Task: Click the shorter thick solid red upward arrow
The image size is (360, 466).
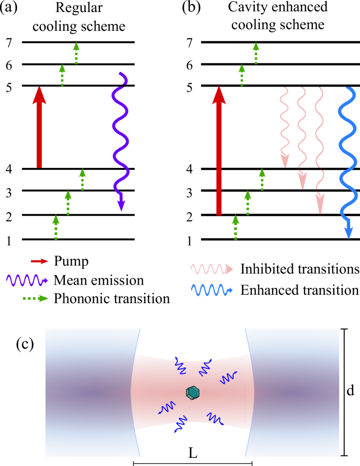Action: pyautogui.click(x=39, y=130)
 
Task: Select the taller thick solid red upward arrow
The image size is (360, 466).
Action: pyautogui.click(x=219, y=154)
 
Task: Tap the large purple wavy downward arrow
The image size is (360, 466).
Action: pyautogui.click(x=120, y=139)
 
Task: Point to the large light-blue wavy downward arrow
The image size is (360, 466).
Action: pyautogui.click(x=347, y=159)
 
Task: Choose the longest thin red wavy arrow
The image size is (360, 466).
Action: pyautogui.click(x=319, y=149)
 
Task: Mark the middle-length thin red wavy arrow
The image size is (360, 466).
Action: pyautogui.click(x=301, y=137)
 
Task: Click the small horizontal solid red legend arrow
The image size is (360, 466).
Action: pyautogui.click(x=39, y=261)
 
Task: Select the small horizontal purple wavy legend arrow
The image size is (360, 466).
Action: pyautogui.click(x=26, y=280)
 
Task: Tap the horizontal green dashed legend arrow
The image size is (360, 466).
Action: pyautogui.click(x=36, y=298)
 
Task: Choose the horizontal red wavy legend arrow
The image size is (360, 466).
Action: pyautogui.click(x=211, y=269)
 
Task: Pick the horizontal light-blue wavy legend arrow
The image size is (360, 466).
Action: pyautogui.click(x=211, y=290)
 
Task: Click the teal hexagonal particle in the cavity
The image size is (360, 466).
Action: pyautogui.click(x=193, y=392)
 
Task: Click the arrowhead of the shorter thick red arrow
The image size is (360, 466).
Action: pyautogui.click(x=39, y=95)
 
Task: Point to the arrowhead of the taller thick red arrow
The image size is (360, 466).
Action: pyautogui.click(x=219, y=95)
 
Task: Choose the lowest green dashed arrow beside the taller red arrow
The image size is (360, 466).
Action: pyautogui.click(x=236, y=227)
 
